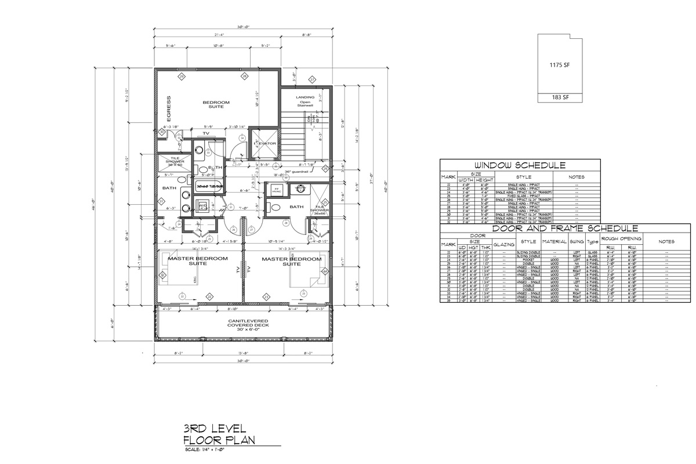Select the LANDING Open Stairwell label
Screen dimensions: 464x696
(305, 101)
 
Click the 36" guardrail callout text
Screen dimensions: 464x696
(296, 172)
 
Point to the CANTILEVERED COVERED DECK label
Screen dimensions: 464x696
(243, 325)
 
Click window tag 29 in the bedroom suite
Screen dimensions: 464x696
(182, 76)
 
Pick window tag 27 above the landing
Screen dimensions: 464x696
(311, 79)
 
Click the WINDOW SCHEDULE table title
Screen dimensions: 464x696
(519, 165)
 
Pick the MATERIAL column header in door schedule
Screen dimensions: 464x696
(554, 241)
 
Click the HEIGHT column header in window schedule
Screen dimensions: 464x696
(485, 180)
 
